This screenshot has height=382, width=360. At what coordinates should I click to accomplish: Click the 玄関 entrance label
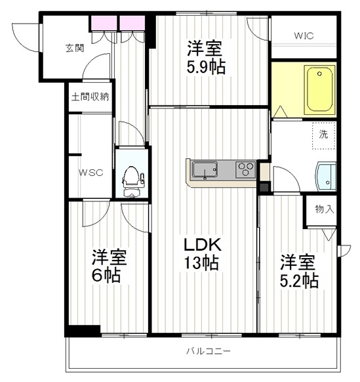click(x=75, y=48)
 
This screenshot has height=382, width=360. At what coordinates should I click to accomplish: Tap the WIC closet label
click(x=304, y=36)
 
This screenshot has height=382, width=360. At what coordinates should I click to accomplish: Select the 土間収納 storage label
click(x=90, y=97)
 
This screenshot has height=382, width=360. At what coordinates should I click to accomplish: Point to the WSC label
click(x=90, y=173)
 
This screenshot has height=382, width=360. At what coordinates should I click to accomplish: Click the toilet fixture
click(x=132, y=181)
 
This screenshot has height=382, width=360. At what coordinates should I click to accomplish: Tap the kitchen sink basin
click(x=205, y=169)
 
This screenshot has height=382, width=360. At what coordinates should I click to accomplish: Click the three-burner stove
click(x=245, y=169)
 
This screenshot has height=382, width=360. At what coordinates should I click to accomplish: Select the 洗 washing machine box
click(x=324, y=135)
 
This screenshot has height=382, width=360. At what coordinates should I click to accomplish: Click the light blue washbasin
click(x=326, y=177)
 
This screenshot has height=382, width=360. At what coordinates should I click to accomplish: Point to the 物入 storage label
click(x=325, y=209)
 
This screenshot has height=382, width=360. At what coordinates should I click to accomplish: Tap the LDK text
click(x=203, y=244)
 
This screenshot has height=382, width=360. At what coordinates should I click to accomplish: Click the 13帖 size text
click(x=201, y=263)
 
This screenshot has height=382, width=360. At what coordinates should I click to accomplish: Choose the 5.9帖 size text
click(x=206, y=66)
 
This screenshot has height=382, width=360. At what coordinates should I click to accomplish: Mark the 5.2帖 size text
click(x=299, y=281)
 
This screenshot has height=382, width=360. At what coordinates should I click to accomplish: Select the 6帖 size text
click(x=106, y=275)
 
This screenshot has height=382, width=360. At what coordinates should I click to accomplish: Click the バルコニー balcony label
click(x=209, y=351)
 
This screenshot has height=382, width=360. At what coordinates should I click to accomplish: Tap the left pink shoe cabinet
click(x=104, y=23)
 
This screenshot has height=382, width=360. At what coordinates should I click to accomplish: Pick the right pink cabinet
click(x=132, y=23)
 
